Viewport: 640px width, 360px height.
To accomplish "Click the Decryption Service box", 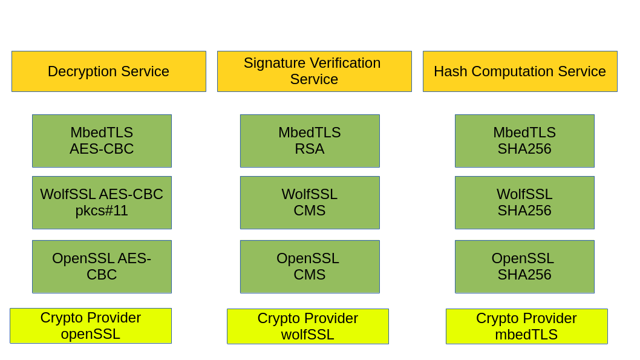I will [108, 71].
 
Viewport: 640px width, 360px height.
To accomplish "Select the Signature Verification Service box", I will [314, 71].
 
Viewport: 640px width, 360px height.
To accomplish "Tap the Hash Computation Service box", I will [520, 71].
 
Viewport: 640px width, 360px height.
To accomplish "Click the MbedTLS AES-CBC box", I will [102, 140].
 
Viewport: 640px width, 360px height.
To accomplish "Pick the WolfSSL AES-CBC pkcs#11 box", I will [102, 202].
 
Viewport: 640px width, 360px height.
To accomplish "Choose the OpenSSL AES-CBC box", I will [102, 266].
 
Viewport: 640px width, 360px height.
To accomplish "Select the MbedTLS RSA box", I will [309, 140].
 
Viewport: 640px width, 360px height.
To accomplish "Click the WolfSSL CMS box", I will [309, 202].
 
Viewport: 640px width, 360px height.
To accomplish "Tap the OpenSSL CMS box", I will [309, 266].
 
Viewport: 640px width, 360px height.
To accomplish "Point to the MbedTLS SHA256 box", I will [524, 140].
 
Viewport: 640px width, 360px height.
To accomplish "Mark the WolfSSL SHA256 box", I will [524, 202].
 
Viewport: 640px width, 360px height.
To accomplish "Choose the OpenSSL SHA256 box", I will [524, 266].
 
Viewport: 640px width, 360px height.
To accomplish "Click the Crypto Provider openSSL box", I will [91, 326].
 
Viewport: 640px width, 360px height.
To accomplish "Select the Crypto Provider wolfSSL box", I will [307, 326].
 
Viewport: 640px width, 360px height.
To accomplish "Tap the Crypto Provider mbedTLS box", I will [526, 326].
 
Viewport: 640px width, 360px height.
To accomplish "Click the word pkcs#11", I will [102, 211].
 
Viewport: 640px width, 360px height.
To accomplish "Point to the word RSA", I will [309, 149].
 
